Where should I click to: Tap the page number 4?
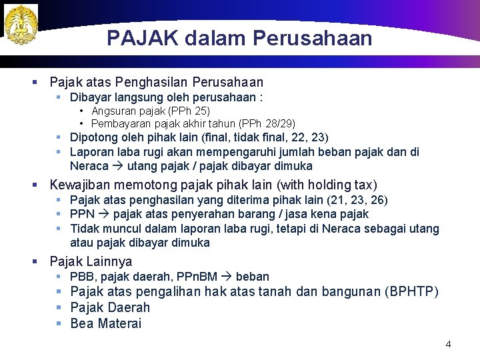[x=448, y=344]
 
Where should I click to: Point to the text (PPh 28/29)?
[x=268, y=123]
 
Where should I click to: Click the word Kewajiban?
[x=81, y=185]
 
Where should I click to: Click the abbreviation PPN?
[x=82, y=214]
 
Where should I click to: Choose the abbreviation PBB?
[x=82, y=276]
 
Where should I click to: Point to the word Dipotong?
[x=93, y=137]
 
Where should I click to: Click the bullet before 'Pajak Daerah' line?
[x=59, y=308]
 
